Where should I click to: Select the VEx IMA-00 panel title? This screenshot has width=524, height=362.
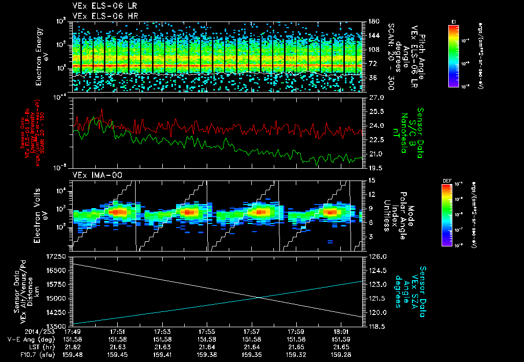pyautogui.click(x=92, y=175)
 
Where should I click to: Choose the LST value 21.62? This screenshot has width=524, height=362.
pyautogui.click(x=74, y=347)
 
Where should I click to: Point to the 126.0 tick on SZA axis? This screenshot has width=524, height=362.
pyautogui.click(x=375, y=256)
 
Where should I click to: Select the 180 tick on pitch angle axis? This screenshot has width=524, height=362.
pyautogui.click(x=372, y=21)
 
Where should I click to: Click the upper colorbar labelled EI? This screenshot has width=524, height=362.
pyautogui.click(x=453, y=54)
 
